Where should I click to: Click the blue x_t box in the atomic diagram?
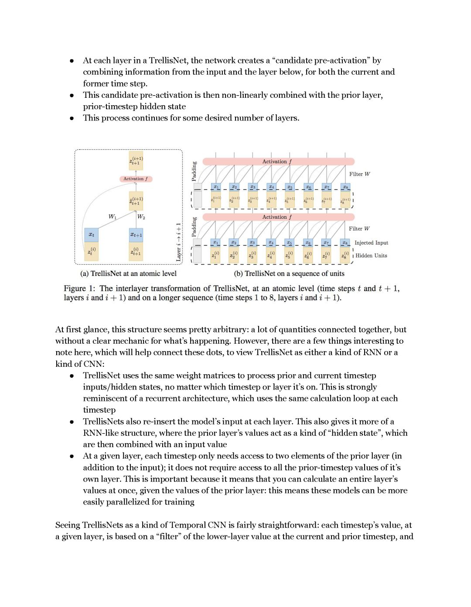coord(91,235)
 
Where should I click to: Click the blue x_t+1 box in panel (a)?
coord(136,235)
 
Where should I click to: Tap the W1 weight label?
coord(112,217)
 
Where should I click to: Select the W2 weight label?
coord(141,217)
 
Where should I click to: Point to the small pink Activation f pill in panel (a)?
coord(136,179)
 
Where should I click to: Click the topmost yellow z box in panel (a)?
coord(136,161)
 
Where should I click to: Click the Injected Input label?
coord(371,243)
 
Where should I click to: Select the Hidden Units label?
coord(371,255)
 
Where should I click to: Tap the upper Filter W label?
coord(359,174)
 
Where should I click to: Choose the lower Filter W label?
coord(359,229)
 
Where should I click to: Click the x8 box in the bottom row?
coord(345,242)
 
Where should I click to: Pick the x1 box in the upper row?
coord(216,187)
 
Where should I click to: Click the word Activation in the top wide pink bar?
coord(274,162)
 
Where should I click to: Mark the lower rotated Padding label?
coord(195,227)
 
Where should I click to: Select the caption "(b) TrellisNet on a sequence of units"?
coord(289,274)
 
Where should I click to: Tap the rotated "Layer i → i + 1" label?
coord(178,242)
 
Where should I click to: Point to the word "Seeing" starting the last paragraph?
coord(68,525)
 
